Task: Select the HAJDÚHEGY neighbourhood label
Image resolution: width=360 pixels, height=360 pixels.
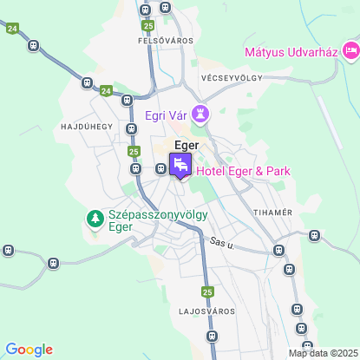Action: (87, 127)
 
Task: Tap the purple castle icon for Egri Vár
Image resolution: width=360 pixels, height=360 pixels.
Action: (201, 113)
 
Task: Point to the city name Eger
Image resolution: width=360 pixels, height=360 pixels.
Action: (187, 145)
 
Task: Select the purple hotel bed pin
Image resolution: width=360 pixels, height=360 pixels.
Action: (181, 164)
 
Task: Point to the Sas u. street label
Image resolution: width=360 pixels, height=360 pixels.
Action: (222, 245)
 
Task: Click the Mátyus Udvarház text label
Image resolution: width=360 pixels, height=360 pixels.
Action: (290, 51)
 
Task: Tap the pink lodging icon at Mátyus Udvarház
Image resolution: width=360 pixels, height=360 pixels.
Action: (350, 51)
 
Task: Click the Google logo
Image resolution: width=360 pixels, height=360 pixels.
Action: (29, 349)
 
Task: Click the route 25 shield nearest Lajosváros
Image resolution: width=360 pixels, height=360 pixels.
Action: (207, 291)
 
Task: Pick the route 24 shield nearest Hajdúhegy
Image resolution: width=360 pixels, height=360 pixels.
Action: (106, 90)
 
